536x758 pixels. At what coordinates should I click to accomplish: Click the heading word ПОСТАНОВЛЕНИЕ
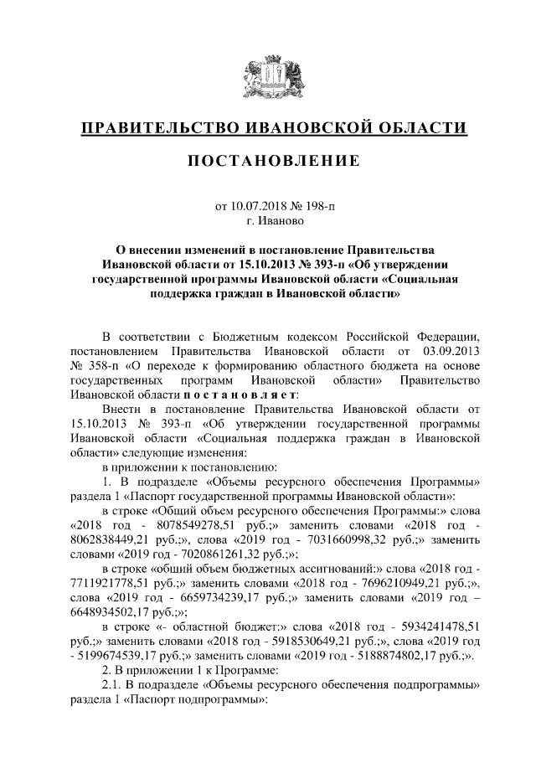click(268, 160)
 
